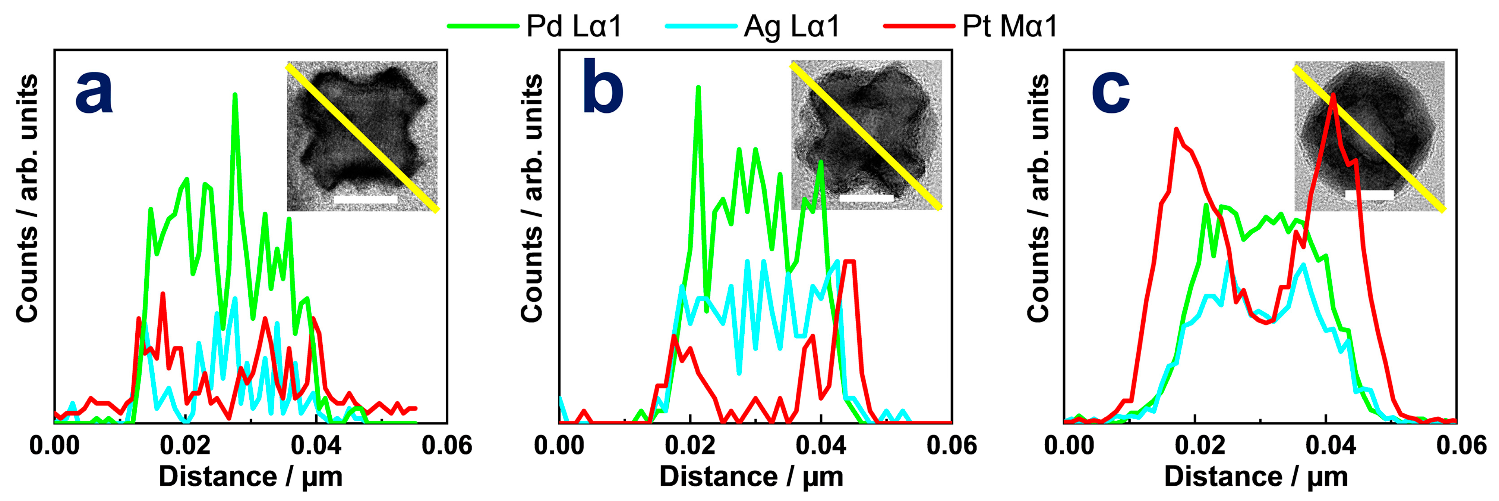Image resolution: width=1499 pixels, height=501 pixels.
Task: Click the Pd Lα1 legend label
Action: [x=574, y=26]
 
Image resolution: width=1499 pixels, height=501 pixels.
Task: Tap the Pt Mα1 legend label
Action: [x=1010, y=26]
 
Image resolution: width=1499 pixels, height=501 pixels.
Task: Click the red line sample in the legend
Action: [x=919, y=26]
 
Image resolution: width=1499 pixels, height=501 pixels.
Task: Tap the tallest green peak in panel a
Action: [x=234, y=95]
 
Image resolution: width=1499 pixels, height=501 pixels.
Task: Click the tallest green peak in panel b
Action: [x=698, y=88]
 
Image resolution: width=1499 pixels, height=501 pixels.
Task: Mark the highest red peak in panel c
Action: [x=1332, y=95]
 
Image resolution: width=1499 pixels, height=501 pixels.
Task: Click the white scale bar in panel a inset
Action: [x=366, y=199]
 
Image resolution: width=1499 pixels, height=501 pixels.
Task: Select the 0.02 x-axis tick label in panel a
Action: [x=185, y=446]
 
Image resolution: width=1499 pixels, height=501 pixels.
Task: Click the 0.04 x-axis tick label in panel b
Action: [x=821, y=446]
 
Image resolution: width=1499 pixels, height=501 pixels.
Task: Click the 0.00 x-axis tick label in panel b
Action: [x=559, y=446]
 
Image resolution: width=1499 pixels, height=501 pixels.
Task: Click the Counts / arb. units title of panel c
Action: [x=1038, y=198]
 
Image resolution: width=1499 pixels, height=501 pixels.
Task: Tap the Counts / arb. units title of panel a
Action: [x=27, y=198]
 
